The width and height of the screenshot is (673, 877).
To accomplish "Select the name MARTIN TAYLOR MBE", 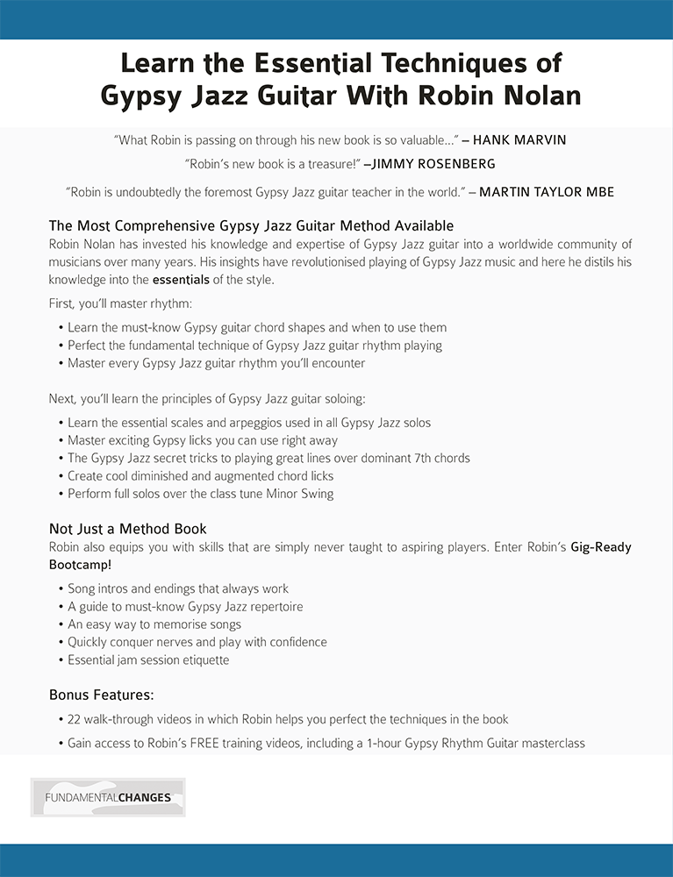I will (546, 192).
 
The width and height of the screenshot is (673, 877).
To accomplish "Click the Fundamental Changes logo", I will (108, 797).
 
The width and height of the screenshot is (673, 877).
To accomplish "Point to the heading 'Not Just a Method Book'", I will (128, 529).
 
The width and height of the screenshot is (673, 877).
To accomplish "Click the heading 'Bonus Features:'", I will (102, 695).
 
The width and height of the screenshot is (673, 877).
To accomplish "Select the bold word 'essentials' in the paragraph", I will (181, 280).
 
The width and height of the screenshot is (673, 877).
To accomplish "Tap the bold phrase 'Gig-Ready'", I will (601, 547).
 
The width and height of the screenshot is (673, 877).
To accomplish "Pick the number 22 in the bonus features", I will (75, 719).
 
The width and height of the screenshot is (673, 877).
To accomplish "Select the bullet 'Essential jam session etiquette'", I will (148, 660).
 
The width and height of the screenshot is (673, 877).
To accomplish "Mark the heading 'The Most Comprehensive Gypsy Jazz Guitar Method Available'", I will (251, 226).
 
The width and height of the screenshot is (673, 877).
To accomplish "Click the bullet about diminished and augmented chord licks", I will (201, 476).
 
